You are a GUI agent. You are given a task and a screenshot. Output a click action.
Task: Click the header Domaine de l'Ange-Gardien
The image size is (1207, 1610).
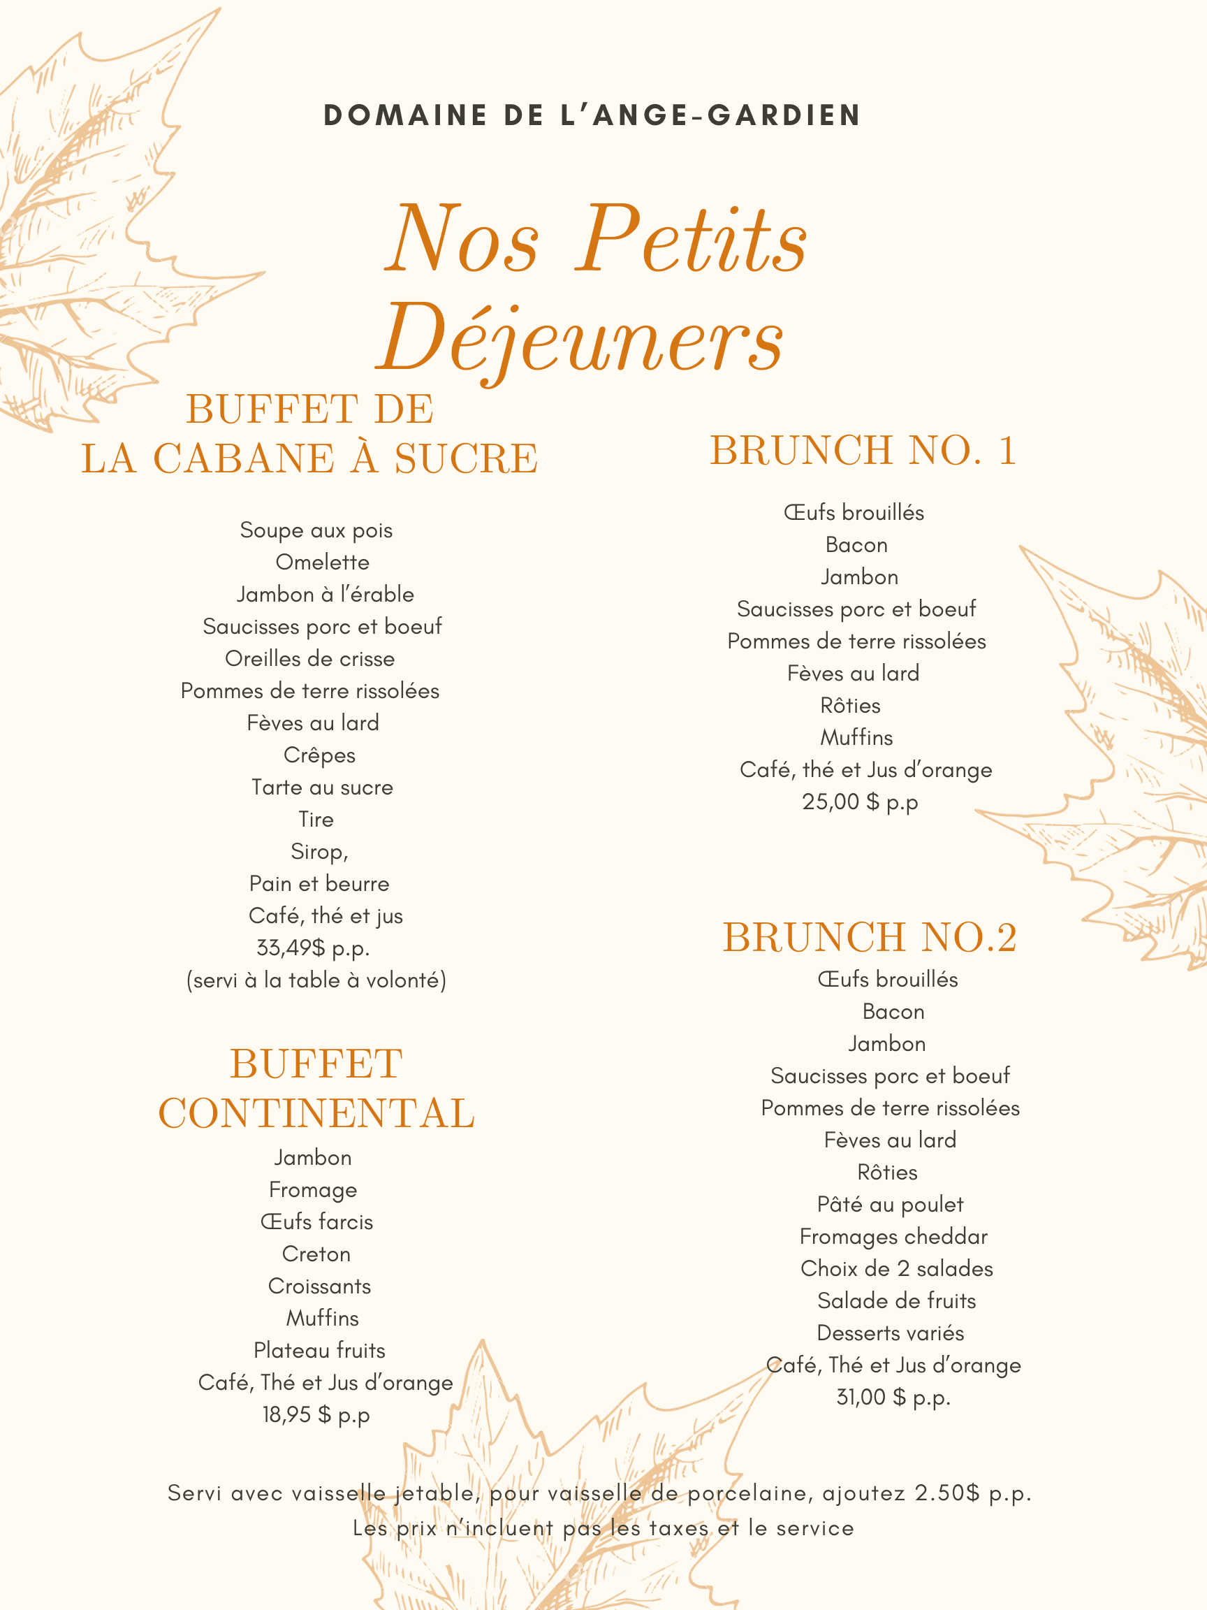pyautogui.click(x=592, y=115)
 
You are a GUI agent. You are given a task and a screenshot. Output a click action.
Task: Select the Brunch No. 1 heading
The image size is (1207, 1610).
pyautogui.click(x=863, y=450)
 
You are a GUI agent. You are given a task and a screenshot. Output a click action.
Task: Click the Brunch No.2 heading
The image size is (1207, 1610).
pyautogui.click(x=870, y=937)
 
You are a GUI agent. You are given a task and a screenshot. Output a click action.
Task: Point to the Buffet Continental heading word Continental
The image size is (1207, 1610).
pyautogui.click(x=316, y=1113)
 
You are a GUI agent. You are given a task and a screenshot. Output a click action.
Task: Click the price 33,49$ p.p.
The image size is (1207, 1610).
pyautogui.click(x=313, y=948)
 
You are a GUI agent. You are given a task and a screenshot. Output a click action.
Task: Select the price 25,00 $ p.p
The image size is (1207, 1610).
pyautogui.click(x=860, y=802)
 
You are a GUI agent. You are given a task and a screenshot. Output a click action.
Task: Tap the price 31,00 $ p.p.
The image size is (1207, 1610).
pyautogui.click(x=893, y=1397)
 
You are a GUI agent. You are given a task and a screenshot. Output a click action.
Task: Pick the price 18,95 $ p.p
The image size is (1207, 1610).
pyautogui.click(x=316, y=1414)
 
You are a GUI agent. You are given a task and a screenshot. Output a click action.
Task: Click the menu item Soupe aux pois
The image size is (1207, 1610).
pyautogui.click(x=316, y=530)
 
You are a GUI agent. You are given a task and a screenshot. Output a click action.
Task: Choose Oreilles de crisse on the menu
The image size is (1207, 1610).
pyautogui.click(x=310, y=659)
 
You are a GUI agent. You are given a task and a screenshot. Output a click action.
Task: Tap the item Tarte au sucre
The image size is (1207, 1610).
pyautogui.click(x=322, y=787)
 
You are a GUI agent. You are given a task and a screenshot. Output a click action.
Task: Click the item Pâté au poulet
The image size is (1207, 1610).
pyautogui.click(x=890, y=1204)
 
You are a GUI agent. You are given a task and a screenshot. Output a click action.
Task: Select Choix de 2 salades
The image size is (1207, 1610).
pyautogui.click(x=896, y=1268)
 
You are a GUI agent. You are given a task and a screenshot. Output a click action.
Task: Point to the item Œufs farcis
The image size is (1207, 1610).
pyautogui.click(x=316, y=1221)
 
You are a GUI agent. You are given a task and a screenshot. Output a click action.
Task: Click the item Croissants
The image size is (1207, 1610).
pyautogui.click(x=319, y=1286)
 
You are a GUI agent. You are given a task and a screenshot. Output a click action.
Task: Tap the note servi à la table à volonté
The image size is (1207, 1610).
pyautogui.click(x=316, y=980)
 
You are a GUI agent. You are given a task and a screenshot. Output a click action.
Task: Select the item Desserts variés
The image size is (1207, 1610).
pyautogui.click(x=891, y=1333)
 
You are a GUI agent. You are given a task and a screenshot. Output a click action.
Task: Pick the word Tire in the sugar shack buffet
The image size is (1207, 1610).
pyautogui.click(x=316, y=819)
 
